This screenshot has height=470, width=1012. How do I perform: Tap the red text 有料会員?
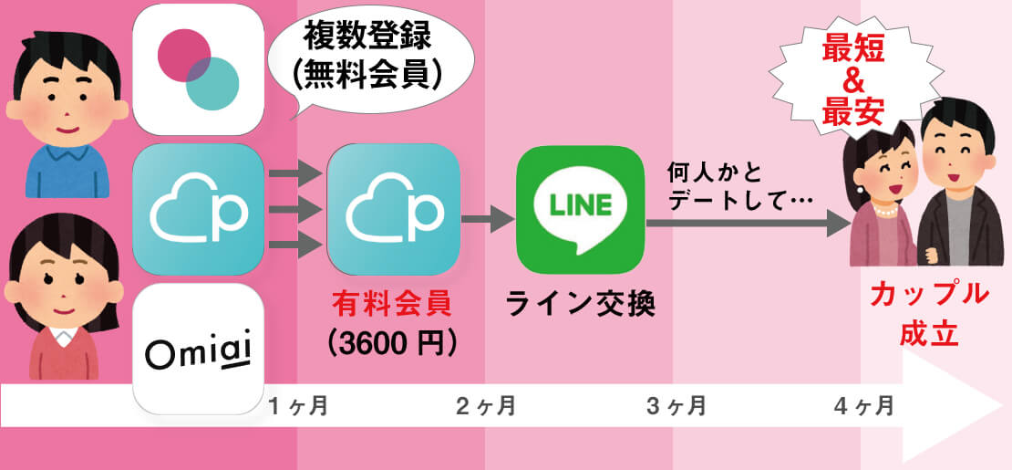tap(391, 302)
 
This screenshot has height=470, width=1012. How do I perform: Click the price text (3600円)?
tap(391, 341)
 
